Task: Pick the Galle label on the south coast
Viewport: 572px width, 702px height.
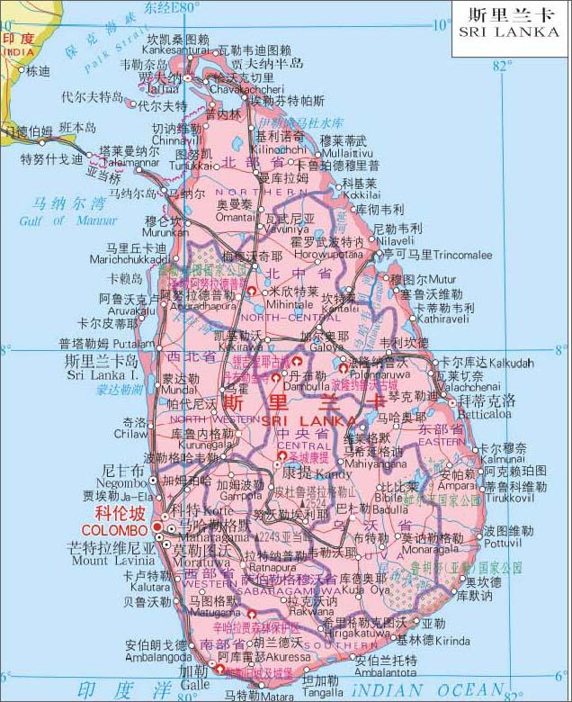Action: [x=195, y=685]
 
